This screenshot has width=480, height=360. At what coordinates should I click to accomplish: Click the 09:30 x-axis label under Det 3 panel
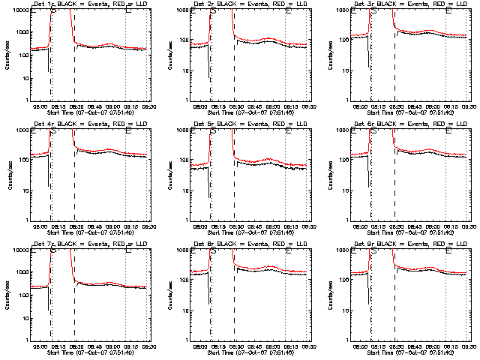pos(469,105)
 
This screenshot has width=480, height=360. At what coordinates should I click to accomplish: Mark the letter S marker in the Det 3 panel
pos(373,10)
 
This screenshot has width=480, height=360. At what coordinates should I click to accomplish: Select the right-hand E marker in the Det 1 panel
pos(129,10)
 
